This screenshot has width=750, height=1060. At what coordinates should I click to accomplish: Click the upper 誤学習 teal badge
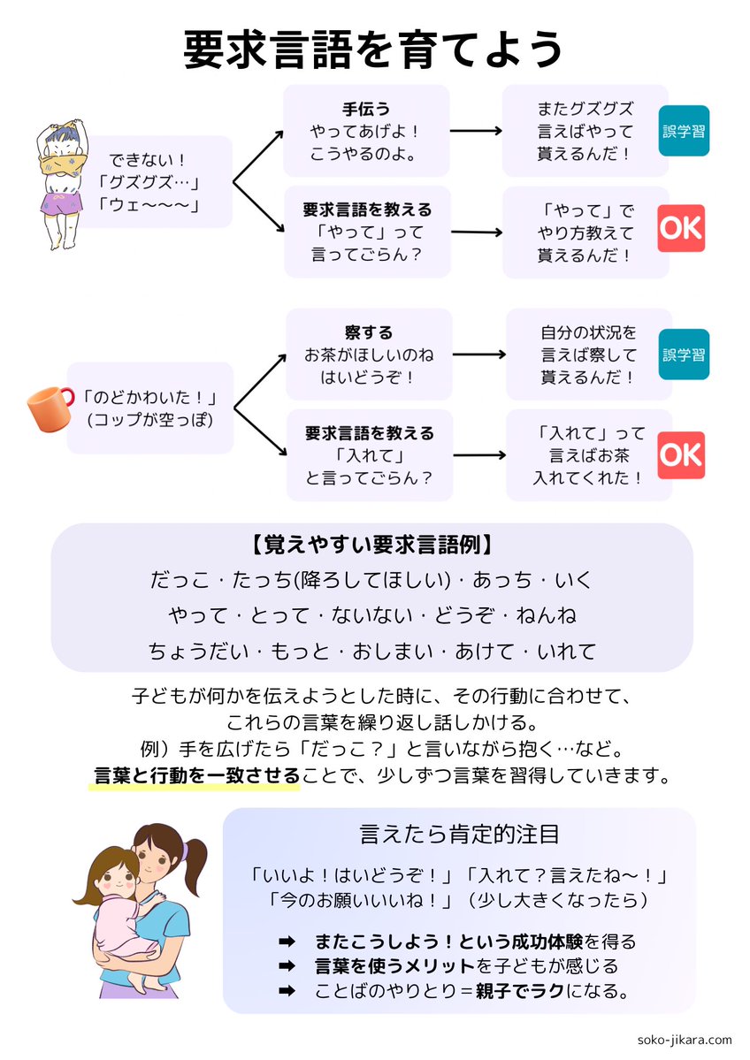pos(684,131)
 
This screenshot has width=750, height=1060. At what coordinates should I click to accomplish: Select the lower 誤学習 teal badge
pos(684,355)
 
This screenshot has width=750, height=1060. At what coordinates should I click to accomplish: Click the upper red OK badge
pos(681,228)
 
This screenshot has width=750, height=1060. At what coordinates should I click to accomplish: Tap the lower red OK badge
pos(681,454)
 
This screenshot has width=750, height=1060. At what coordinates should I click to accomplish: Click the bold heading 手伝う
pos(366,111)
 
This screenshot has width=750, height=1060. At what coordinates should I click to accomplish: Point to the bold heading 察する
pos(369,333)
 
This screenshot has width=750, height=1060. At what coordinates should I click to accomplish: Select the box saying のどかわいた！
pos(150,408)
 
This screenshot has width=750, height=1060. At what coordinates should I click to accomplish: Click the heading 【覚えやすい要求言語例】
pos(371,544)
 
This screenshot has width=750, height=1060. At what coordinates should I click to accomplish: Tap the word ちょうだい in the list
pos(195,651)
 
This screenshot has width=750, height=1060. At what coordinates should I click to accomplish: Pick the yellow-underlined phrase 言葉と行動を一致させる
pos(197,775)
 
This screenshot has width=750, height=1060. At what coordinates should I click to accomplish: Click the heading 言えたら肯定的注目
pos(459,834)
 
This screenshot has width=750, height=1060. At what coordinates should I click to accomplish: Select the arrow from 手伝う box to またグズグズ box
pos(477,131)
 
